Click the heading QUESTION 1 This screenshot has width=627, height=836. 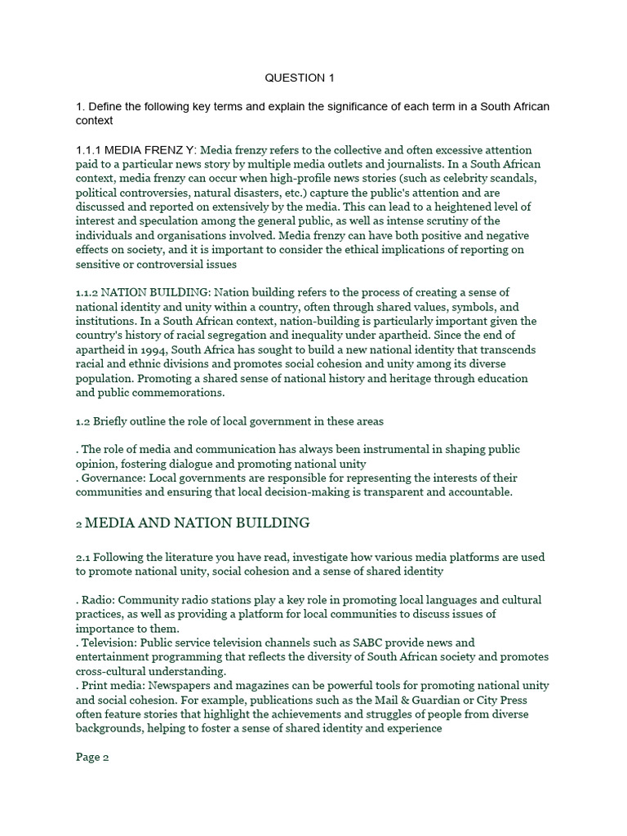[x=300, y=78]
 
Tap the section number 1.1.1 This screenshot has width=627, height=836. [x=88, y=150]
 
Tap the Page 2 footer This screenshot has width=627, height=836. [x=92, y=757]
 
